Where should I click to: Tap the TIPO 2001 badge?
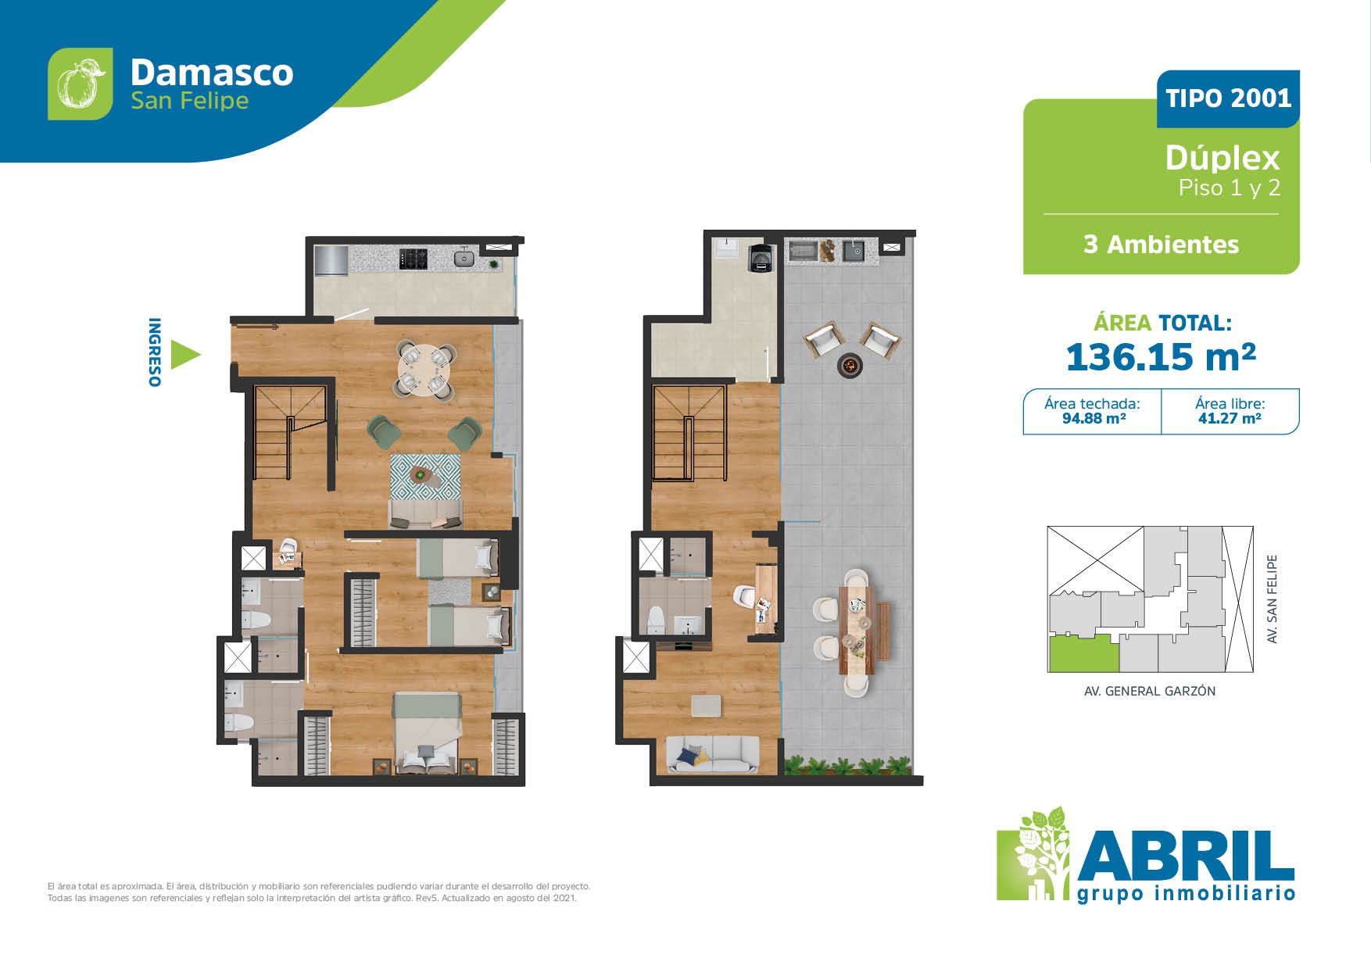1228,98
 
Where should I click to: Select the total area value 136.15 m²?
1161,357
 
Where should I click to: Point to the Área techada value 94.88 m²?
1094,419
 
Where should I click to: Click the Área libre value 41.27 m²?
1230,419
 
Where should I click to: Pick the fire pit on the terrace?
850,364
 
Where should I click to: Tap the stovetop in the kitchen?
413,259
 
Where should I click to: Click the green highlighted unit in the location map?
1083,653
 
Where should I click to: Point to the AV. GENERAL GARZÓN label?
1150,691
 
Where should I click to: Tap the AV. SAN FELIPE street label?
1272,599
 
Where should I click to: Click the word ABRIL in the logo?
1186,856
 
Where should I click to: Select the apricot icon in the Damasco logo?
81,84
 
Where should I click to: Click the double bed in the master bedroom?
426,732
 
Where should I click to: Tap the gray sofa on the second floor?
712,754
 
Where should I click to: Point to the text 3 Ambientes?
1161,245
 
